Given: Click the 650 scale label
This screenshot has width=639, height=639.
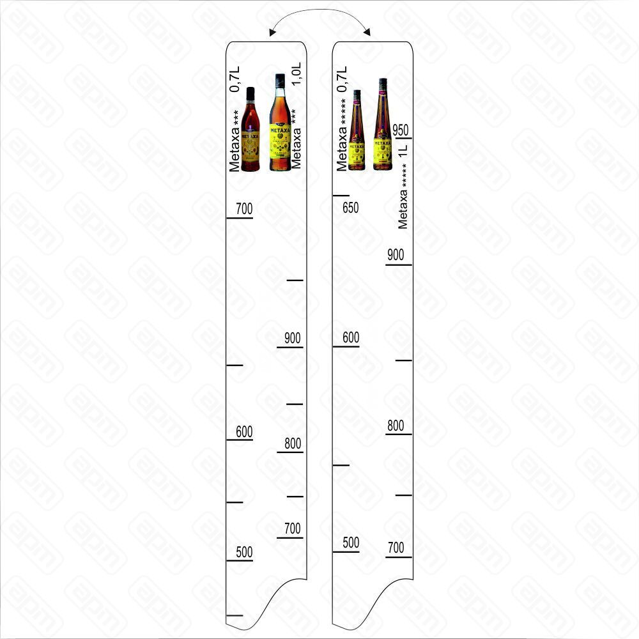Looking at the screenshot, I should (350, 208).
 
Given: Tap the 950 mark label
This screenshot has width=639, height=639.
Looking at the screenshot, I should (401, 130).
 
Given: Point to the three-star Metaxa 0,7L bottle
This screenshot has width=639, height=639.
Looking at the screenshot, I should (251, 130).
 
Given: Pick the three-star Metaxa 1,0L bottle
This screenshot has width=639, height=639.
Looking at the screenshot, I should (279, 123).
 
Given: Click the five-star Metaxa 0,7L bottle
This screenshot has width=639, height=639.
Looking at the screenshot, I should (357, 131).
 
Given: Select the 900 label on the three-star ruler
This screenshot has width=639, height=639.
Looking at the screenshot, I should (292, 338).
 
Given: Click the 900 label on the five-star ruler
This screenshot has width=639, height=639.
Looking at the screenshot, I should (396, 255).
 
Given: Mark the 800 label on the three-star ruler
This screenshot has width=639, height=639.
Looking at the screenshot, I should (292, 443).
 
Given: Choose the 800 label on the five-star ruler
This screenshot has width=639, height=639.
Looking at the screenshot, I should (396, 426).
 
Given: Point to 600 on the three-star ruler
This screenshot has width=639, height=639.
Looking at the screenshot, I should (244, 432).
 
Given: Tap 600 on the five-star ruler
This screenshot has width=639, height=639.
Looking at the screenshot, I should (351, 338).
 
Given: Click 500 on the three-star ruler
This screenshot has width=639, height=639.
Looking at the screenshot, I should (244, 553).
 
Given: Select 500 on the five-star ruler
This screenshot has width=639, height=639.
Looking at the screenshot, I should (351, 543).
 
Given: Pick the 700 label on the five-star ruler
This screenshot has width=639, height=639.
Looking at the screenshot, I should (396, 548).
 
